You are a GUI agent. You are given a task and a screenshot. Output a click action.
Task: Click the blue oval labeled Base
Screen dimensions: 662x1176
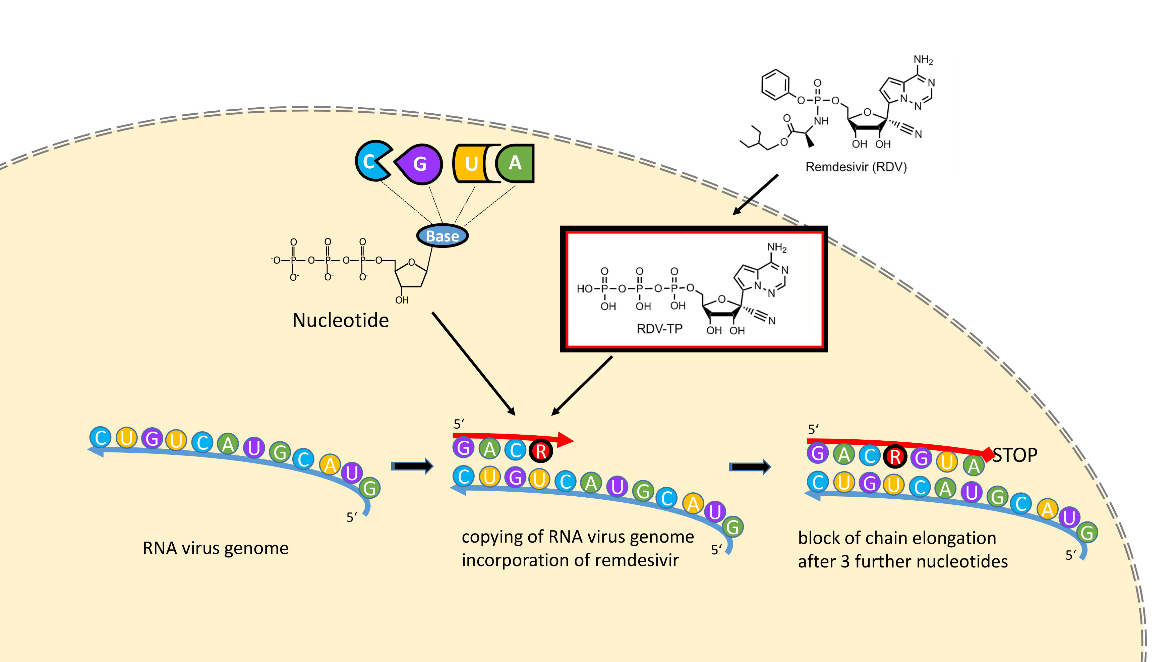[443, 236]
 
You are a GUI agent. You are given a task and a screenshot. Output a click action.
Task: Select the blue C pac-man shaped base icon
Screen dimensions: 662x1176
[371, 161]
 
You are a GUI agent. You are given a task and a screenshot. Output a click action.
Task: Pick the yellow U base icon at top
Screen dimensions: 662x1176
[470, 163]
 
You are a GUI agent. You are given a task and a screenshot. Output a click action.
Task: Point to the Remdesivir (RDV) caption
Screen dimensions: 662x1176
[856, 167]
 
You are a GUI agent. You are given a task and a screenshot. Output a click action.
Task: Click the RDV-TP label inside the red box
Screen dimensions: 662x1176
[659, 329]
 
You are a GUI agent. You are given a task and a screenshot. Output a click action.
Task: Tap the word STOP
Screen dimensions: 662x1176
[1015, 455]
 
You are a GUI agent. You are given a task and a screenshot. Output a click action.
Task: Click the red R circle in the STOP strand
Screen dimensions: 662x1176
[895, 456]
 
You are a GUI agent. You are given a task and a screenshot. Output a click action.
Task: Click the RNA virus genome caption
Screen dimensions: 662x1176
[216, 548]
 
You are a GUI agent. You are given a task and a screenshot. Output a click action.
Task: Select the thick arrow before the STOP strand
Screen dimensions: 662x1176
[750, 466]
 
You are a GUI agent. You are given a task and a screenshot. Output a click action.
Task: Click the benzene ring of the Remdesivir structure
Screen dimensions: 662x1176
[775, 85]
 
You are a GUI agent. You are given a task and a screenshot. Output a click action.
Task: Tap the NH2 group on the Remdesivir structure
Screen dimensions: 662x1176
[923, 60]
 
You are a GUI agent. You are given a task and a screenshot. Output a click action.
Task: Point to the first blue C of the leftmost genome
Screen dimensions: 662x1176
[101, 437]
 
